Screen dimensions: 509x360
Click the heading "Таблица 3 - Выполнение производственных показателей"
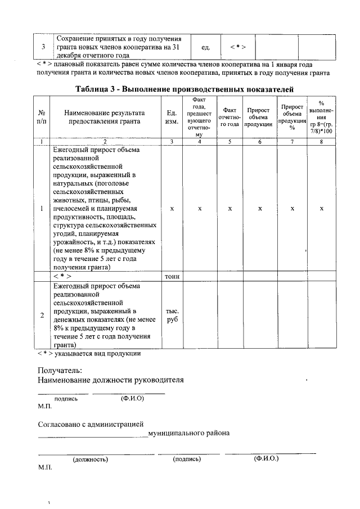[x=184, y=89]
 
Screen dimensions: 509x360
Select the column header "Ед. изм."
[x=172, y=118]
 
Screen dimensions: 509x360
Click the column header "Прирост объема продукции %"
[x=292, y=117]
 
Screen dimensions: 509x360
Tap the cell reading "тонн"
[x=172, y=276]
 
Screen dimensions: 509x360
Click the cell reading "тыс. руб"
[x=172, y=315]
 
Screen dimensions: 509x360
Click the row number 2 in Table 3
[x=42, y=315]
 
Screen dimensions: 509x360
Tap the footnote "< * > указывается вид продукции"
[x=89, y=354]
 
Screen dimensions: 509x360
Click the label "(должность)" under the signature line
[x=90, y=459]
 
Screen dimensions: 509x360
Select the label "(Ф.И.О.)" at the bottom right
[x=266, y=458]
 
